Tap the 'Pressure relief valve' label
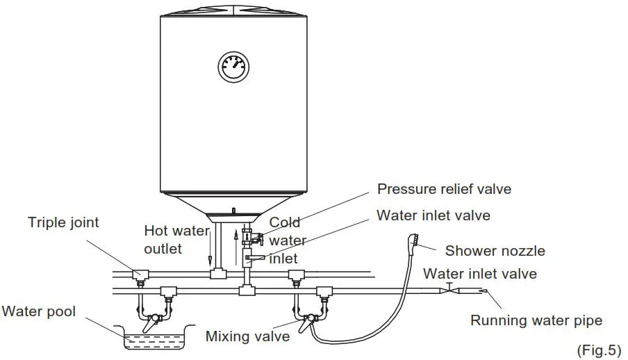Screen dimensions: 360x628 pyautogui.click(x=444, y=189)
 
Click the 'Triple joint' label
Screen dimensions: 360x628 pyautogui.click(x=63, y=222)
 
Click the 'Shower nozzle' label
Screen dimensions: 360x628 pyautogui.click(x=495, y=251)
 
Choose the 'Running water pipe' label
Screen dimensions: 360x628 pyautogui.click(x=536, y=320)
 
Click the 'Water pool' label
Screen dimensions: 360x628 pyautogui.click(x=38, y=311)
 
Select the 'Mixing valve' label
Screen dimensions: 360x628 pyautogui.click(x=247, y=337)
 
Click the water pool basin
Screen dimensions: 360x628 pyautogui.click(x=148, y=338)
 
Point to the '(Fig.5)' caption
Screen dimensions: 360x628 pyautogui.click(x=599, y=349)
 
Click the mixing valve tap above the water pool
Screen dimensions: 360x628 pyautogui.click(x=152, y=319)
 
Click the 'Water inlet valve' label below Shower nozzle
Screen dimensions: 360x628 pyautogui.click(x=479, y=274)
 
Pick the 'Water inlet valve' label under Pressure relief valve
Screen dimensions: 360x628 pyautogui.click(x=433, y=215)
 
